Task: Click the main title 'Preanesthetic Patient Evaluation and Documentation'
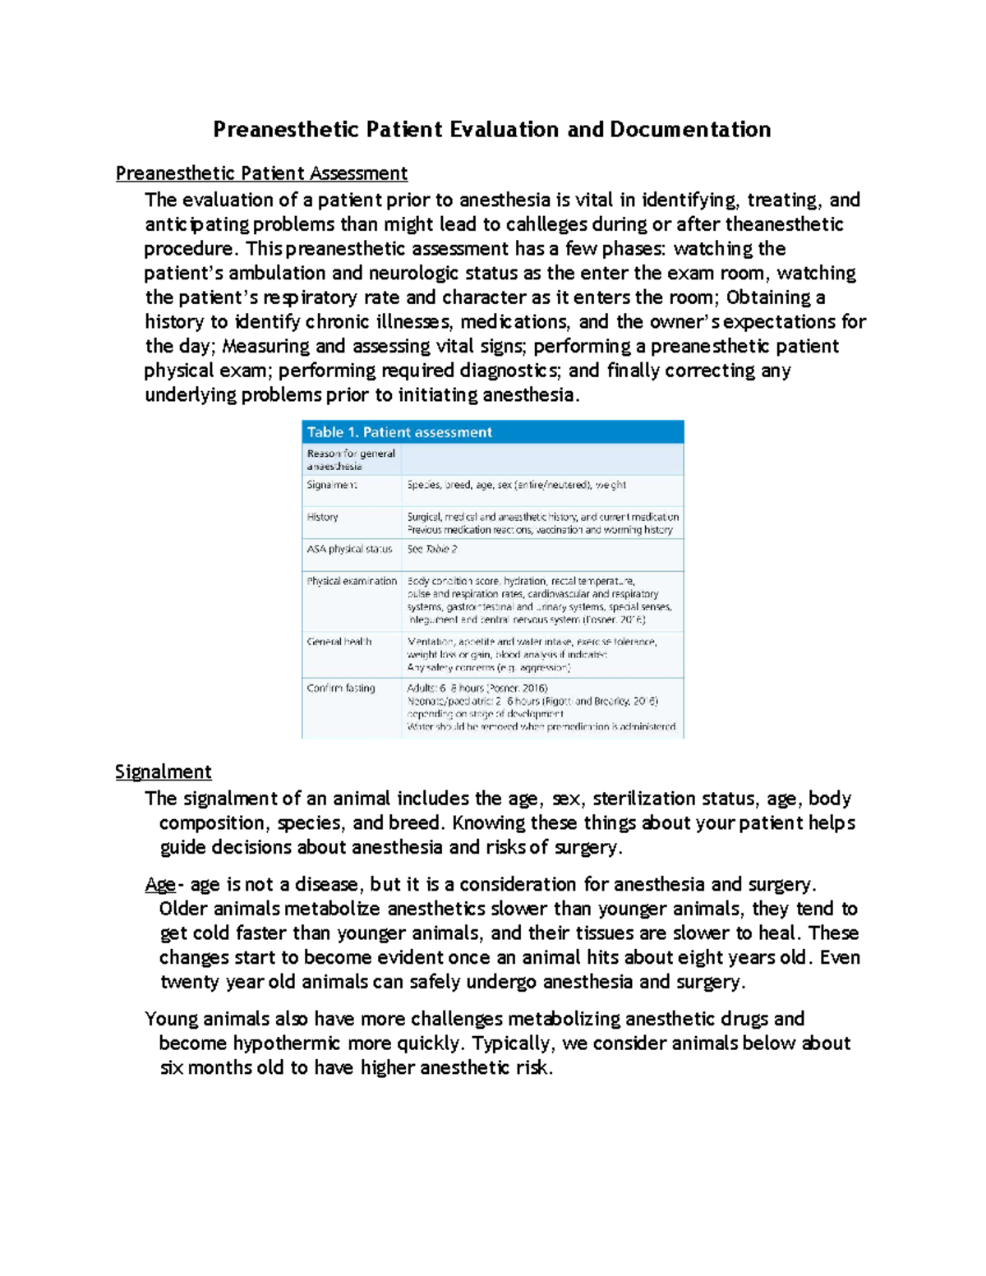tap(491, 130)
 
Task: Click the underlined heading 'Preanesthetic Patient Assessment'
tap(261, 173)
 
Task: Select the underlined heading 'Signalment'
tap(163, 772)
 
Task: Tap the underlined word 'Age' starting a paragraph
tap(159, 884)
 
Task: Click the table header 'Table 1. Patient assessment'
tap(399, 432)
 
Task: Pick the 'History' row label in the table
tap(322, 517)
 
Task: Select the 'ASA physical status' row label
tap(349, 549)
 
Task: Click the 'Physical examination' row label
tap(352, 581)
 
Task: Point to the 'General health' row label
tap(339, 642)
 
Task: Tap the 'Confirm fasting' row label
tap(341, 688)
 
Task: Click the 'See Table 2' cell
tap(432, 549)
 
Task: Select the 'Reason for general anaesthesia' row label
tap(350, 459)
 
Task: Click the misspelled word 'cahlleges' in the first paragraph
tap(546, 224)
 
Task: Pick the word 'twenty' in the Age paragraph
tap(189, 982)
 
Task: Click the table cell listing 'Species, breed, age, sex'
tap(516, 485)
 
